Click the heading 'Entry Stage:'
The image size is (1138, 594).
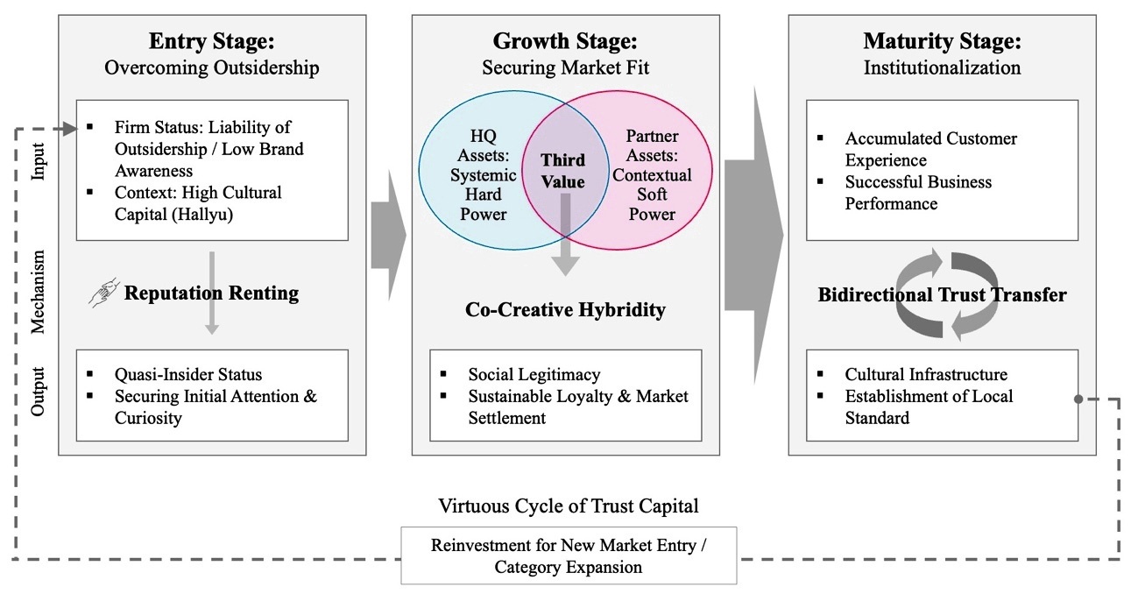tap(211, 41)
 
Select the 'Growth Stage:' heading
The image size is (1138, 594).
tap(564, 41)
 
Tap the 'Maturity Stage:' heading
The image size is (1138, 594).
tap(942, 41)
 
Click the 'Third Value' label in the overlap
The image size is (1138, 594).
tap(563, 172)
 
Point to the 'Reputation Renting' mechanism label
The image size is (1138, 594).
tap(211, 293)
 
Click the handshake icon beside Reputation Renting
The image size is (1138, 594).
tap(102, 293)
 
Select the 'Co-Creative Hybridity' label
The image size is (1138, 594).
tap(565, 309)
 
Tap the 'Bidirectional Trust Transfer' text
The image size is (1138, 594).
tap(942, 294)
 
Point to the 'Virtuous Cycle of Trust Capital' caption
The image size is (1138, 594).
tap(569, 506)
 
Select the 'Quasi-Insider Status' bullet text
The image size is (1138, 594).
tap(188, 374)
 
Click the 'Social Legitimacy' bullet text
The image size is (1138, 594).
tap(534, 374)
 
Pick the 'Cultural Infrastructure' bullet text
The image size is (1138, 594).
tap(926, 374)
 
